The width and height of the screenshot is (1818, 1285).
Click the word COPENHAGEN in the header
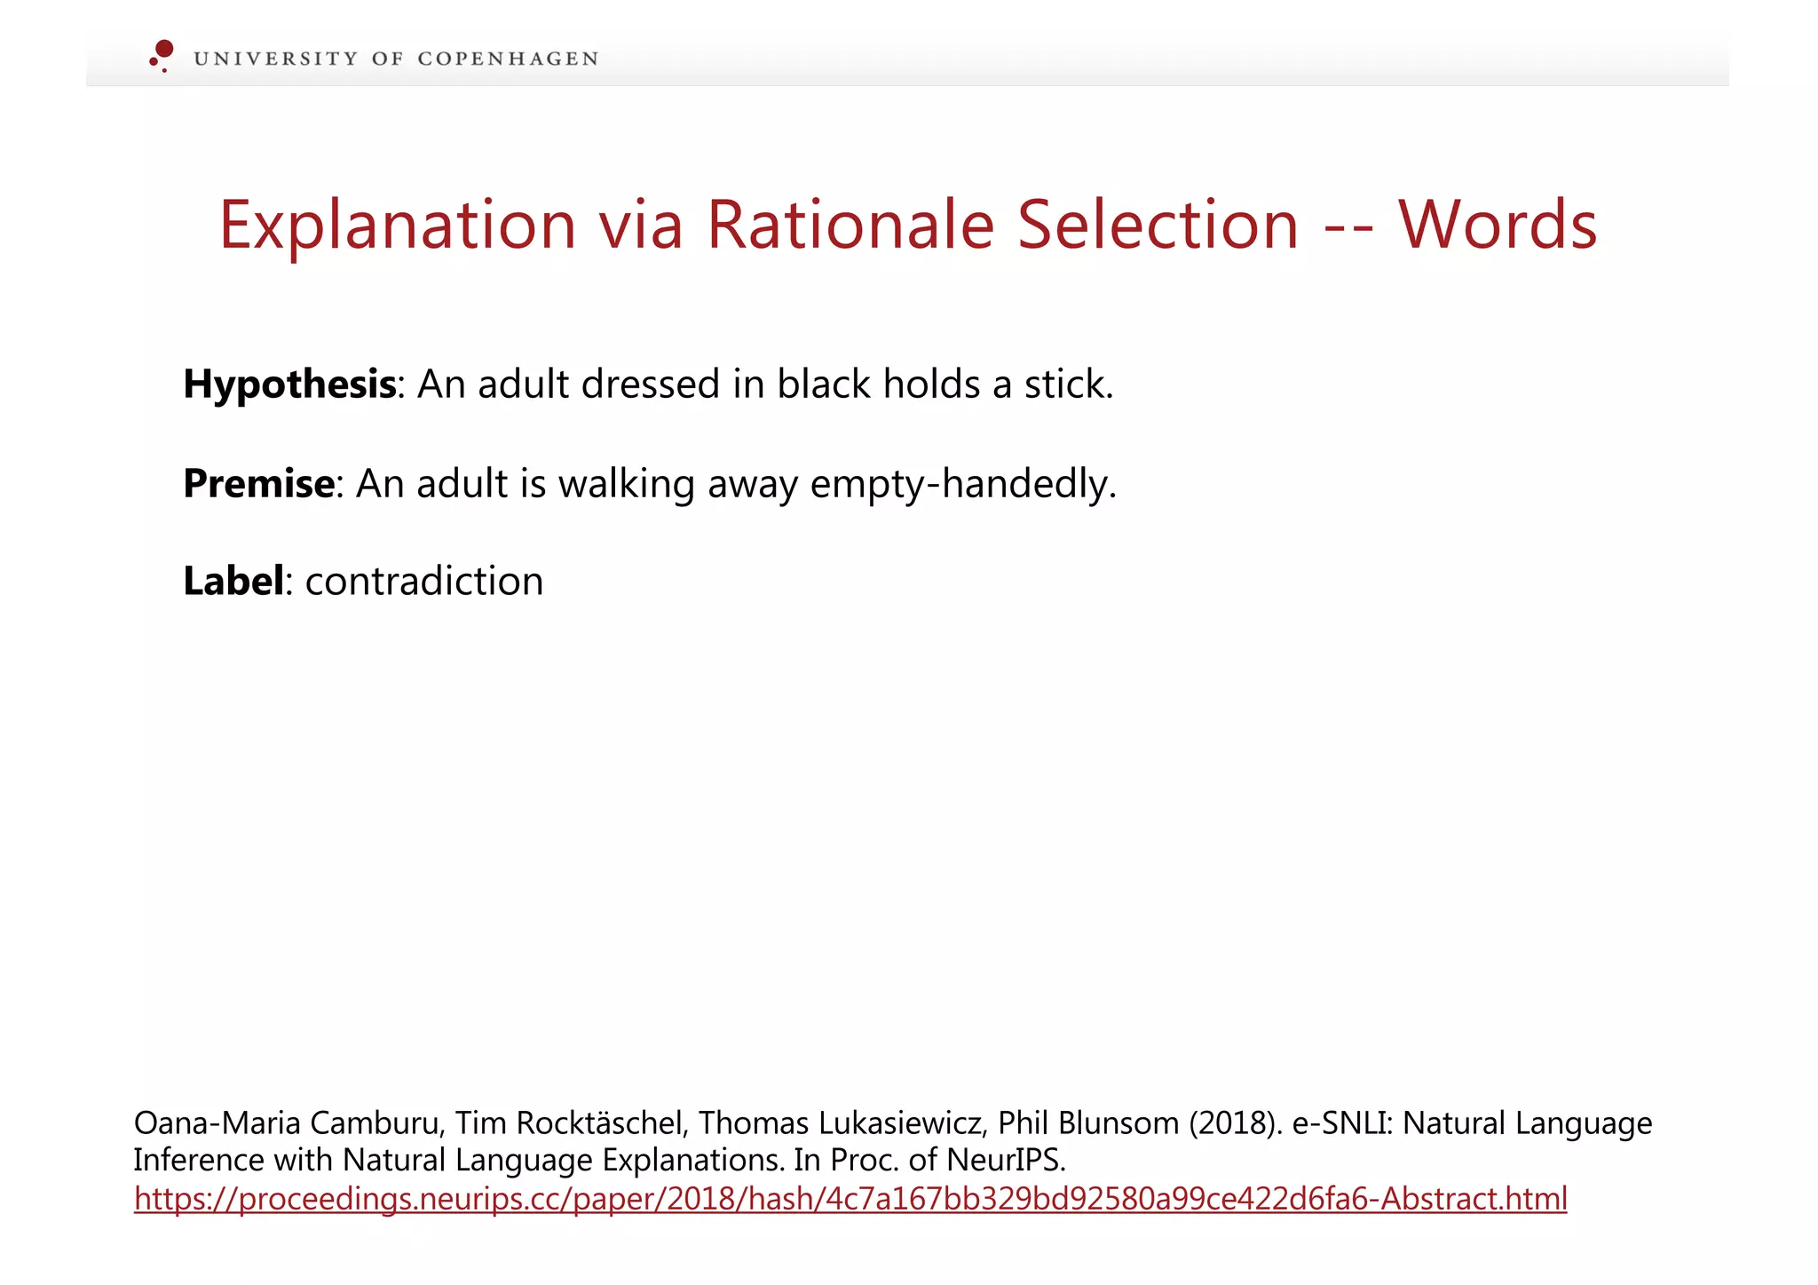tap(508, 59)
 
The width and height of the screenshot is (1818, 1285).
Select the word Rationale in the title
tap(850, 225)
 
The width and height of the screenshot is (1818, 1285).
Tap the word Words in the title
tap(1498, 225)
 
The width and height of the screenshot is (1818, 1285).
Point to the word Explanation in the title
tap(398, 225)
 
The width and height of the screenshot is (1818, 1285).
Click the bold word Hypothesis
tap(289, 385)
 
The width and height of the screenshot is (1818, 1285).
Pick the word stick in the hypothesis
tap(1068, 385)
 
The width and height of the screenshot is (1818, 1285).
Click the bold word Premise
tap(259, 484)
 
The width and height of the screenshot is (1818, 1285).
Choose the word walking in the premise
tap(627, 484)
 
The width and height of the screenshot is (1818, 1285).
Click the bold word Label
tap(233, 582)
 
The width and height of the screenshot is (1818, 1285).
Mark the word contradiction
tap(424, 582)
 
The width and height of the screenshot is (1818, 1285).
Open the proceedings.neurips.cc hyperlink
tap(850, 1199)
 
